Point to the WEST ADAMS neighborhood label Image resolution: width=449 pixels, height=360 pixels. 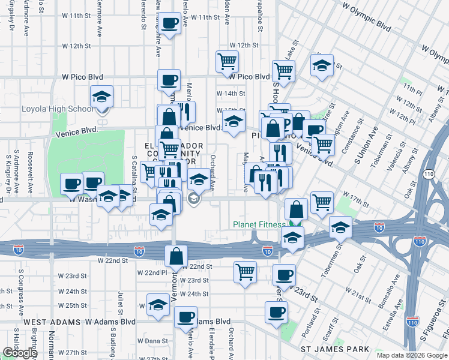pos(52,322)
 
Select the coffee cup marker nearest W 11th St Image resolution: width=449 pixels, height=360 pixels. pos(170,23)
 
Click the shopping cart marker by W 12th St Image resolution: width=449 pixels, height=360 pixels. pos(227,60)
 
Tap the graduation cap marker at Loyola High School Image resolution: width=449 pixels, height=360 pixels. pos(101,96)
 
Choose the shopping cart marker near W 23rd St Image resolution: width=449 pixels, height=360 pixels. pos(245,271)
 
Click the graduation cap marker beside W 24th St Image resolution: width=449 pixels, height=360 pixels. pos(158,304)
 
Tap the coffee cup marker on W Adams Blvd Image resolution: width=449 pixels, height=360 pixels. pos(185,316)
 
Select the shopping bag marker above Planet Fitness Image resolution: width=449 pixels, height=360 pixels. pos(296,209)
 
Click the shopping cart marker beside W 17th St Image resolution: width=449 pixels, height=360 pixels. pos(322,202)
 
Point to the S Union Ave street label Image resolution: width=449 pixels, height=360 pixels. pos(360,152)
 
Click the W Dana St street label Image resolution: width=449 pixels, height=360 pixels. pos(151,341)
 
